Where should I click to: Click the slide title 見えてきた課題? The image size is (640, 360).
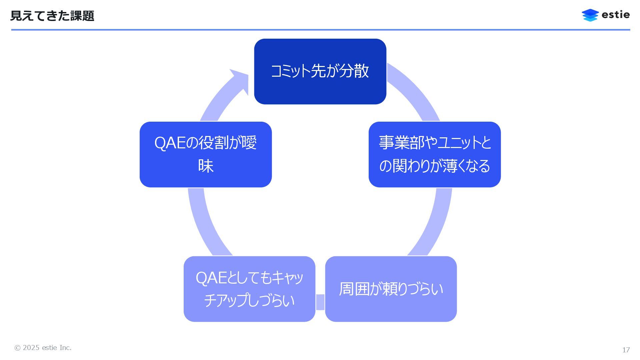pyautogui.click(x=52, y=16)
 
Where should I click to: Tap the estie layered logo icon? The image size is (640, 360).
pyautogui.click(x=590, y=15)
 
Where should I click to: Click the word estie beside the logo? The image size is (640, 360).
pyautogui.click(x=616, y=15)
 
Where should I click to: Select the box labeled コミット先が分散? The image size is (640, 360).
pyautogui.click(x=320, y=71)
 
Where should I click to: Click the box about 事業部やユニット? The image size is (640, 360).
pyautogui.click(x=434, y=154)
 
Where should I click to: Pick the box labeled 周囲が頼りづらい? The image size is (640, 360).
pyautogui.click(x=391, y=289)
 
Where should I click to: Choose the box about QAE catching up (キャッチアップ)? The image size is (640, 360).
pyautogui.click(x=249, y=289)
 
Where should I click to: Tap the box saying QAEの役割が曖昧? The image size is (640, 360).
pyautogui.click(x=206, y=154)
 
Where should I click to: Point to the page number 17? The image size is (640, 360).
pyautogui.click(x=626, y=350)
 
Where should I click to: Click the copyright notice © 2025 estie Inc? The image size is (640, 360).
pyautogui.click(x=43, y=348)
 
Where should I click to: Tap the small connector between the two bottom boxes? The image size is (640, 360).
pyautogui.click(x=320, y=302)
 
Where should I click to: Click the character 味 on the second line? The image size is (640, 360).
pyautogui.click(x=206, y=166)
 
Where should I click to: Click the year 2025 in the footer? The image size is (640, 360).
pyautogui.click(x=31, y=348)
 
